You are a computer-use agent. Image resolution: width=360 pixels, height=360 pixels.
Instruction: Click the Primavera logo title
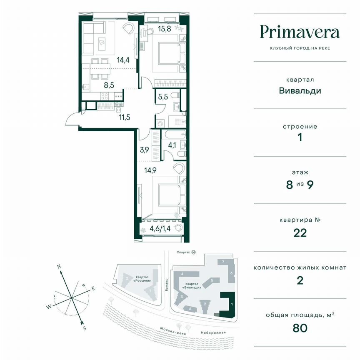click(x=300, y=32)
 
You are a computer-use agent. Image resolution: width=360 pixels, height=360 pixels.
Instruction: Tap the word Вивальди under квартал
click(x=300, y=90)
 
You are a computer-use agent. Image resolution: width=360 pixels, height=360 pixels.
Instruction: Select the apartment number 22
click(x=300, y=232)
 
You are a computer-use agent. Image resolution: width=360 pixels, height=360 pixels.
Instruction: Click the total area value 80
click(x=300, y=328)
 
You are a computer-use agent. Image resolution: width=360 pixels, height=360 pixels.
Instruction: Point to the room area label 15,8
click(x=164, y=29)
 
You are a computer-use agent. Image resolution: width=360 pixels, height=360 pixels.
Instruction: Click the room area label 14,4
click(x=111, y=60)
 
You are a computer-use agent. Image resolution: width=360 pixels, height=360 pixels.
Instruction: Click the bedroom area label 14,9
click(x=150, y=170)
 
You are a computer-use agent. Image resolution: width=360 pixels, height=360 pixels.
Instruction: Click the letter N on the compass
click(x=59, y=266)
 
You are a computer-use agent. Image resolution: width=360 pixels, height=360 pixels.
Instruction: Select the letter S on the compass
click(x=85, y=328)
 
